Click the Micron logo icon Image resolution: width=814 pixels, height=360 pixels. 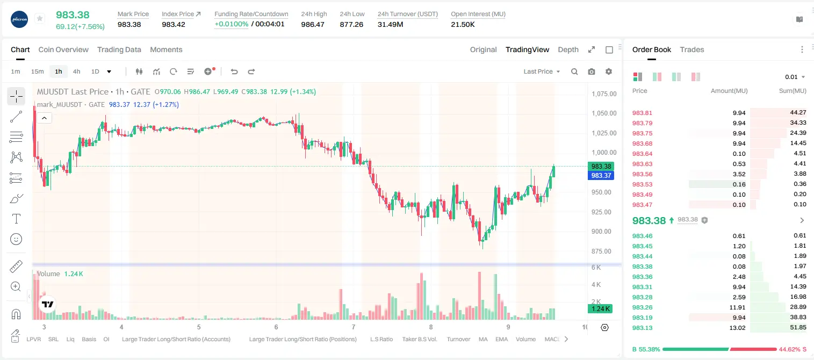[x=19, y=20]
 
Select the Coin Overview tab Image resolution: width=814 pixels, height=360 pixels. [x=63, y=49]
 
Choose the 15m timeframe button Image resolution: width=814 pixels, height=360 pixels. [x=37, y=71]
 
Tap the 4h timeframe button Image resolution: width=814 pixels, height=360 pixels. [x=76, y=71]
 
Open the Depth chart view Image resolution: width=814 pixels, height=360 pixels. [x=568, y=49]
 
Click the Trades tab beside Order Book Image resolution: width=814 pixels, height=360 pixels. [x=692, y=49]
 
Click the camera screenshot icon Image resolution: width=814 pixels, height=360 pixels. [x=592, y=71]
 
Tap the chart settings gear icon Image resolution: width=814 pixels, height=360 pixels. [x=609, y=71]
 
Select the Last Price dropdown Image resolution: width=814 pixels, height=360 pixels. [x=542, y=71]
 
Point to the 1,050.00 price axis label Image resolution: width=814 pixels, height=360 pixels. [x=604, y=113]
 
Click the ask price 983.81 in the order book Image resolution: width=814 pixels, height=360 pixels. [x=642, y=113]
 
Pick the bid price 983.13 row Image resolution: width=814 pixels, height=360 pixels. [x=642, y=328]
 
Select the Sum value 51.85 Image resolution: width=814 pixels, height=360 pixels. [x=798, y=327]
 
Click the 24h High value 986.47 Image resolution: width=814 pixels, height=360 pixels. [x=313, y=24]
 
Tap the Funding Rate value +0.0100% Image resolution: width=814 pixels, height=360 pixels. [x=231, y=24]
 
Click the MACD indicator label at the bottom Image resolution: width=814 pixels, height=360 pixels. [x=552, y=339]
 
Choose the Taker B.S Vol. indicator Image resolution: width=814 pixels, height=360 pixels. [x=419, y=339]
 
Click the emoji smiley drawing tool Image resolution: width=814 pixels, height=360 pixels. [x=16, y=239]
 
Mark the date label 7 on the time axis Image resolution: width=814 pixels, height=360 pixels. [x=353, y=327]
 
